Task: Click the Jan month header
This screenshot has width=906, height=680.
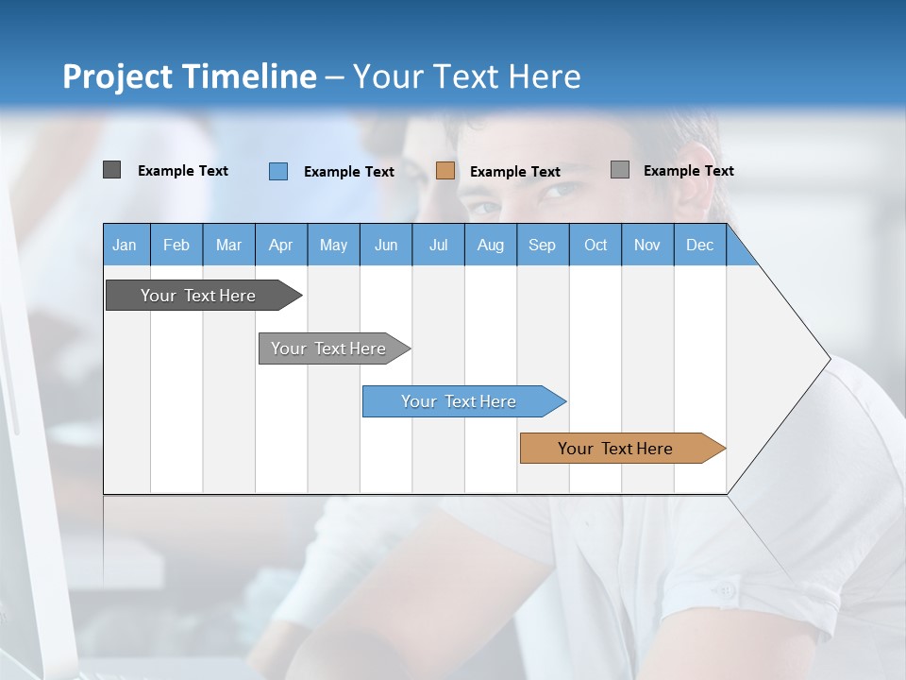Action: point(126,245)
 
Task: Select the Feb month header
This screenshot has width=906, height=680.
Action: point(176,245)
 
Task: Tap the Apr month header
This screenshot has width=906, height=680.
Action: point(281,245)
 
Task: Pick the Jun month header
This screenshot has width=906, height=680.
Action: point(386,245)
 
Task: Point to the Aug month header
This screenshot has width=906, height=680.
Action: point(491,245)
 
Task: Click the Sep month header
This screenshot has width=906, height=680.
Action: point(543,245)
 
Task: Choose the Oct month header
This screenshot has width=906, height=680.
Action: point(596,245)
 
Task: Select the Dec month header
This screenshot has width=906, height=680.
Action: point(700,245)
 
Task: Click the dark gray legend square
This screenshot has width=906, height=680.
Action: point(111,170)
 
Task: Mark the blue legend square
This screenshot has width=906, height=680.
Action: point(278,171)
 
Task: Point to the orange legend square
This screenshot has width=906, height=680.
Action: point(445,171)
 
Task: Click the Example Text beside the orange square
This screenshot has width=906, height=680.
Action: point(515,172)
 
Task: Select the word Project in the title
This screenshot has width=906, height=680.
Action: point(117,77)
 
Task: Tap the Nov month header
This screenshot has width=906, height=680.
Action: point(647,245)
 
